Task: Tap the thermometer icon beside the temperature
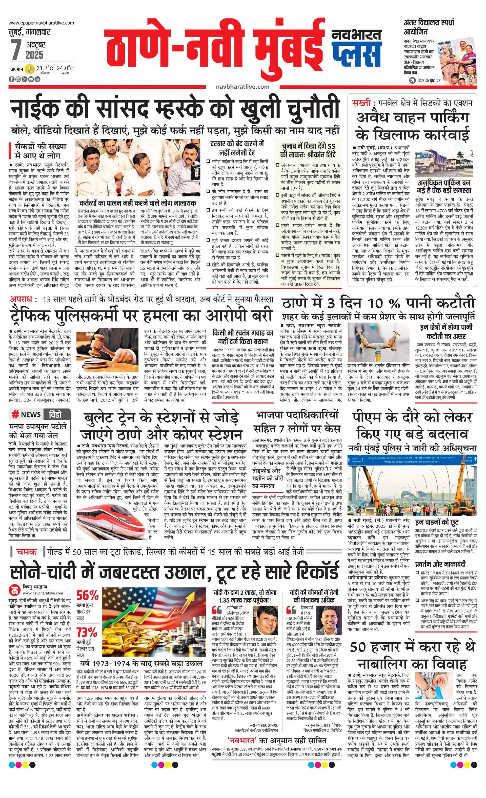pyautogui.click(x=30, y=69)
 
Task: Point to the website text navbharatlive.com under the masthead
pyautogui.click(x=242, y=87)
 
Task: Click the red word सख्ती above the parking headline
pyautogui.click(x=362, y=103)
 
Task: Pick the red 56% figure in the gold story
pyautogui.click(x=87, y=595)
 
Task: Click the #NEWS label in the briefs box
pyautogui.click(x=27, y=414)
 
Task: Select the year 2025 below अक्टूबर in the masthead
pyautogui.click(x=35, y=55)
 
